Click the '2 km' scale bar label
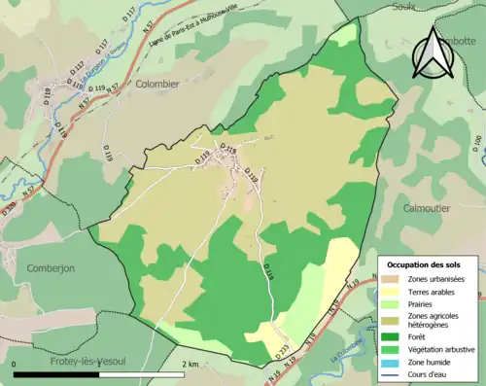tap(191, 364)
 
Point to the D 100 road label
tap(477, 145)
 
